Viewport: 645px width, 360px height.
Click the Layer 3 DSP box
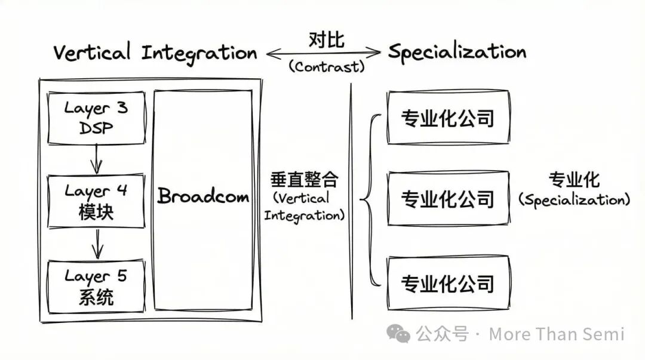96,118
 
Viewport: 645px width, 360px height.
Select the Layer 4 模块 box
96,201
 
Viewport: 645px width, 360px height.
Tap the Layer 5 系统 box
96,287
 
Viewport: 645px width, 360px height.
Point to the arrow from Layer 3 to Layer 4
96,159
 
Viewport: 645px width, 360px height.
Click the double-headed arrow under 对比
323,54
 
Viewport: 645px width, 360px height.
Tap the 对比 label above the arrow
327,39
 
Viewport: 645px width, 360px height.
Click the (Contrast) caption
327,67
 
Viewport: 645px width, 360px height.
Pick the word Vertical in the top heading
92,53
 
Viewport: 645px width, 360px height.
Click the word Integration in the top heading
199,54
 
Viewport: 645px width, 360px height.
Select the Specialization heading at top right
457,53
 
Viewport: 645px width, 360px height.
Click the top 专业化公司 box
448,118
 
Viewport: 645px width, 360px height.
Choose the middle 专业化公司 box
448,198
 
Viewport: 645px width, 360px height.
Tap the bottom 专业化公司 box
448,283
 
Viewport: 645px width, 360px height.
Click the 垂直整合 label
304,179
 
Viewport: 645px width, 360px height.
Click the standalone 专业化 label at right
574,180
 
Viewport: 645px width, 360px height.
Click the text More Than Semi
556,334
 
